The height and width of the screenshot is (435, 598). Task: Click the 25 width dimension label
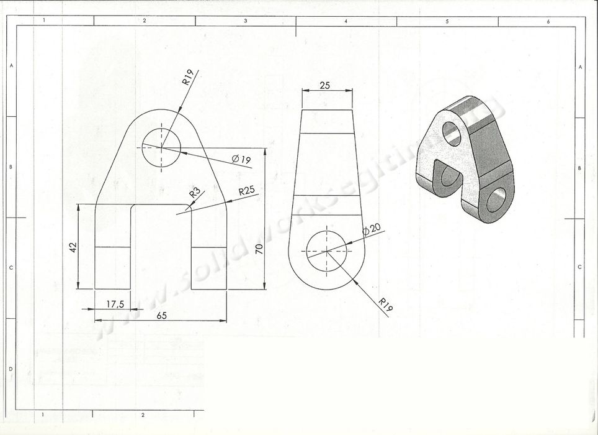pos(324,86)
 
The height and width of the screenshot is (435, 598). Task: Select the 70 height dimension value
pos(259,249)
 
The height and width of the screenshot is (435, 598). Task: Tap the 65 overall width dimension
pos(161,315)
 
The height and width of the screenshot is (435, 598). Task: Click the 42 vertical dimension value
pos(72,247)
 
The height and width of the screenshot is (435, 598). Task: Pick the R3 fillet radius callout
pos(195,193)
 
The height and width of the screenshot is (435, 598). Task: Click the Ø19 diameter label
pos(241,160)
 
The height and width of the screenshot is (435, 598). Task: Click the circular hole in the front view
pos(161,149)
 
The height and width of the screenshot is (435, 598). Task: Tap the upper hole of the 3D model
pos(453,133)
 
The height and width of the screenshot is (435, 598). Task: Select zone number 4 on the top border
pos(346,21)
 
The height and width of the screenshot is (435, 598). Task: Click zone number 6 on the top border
pos(548,21)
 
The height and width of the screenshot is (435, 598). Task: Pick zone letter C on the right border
pos(579,267)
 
